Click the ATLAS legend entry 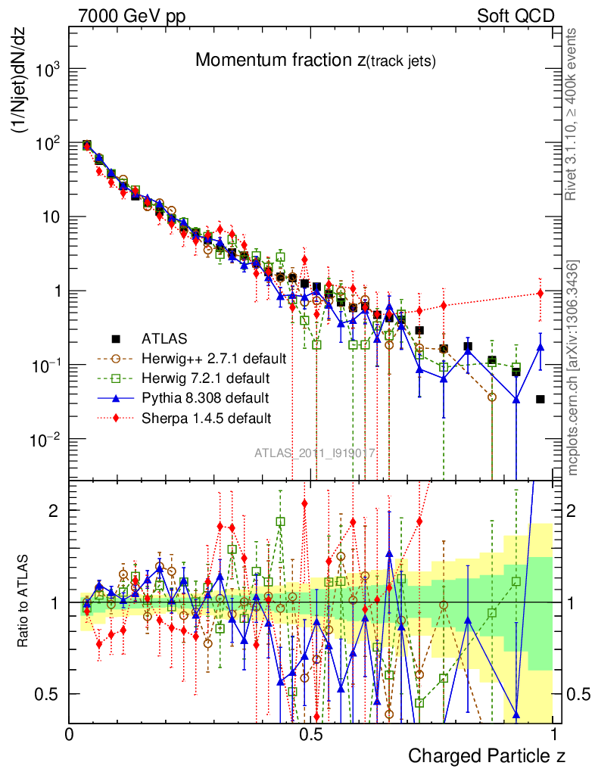point(163,338)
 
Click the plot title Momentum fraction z point(315,61)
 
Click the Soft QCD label point(516,16)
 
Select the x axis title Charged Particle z point(487,755)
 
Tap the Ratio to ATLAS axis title point(24,602)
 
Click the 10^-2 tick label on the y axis point(46,440)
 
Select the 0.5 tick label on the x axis point(310,734)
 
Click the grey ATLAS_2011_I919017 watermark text point(315,453)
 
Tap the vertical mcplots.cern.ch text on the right point(574,368)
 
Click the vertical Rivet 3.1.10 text point(573,114)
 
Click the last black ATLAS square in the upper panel point(540,399)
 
